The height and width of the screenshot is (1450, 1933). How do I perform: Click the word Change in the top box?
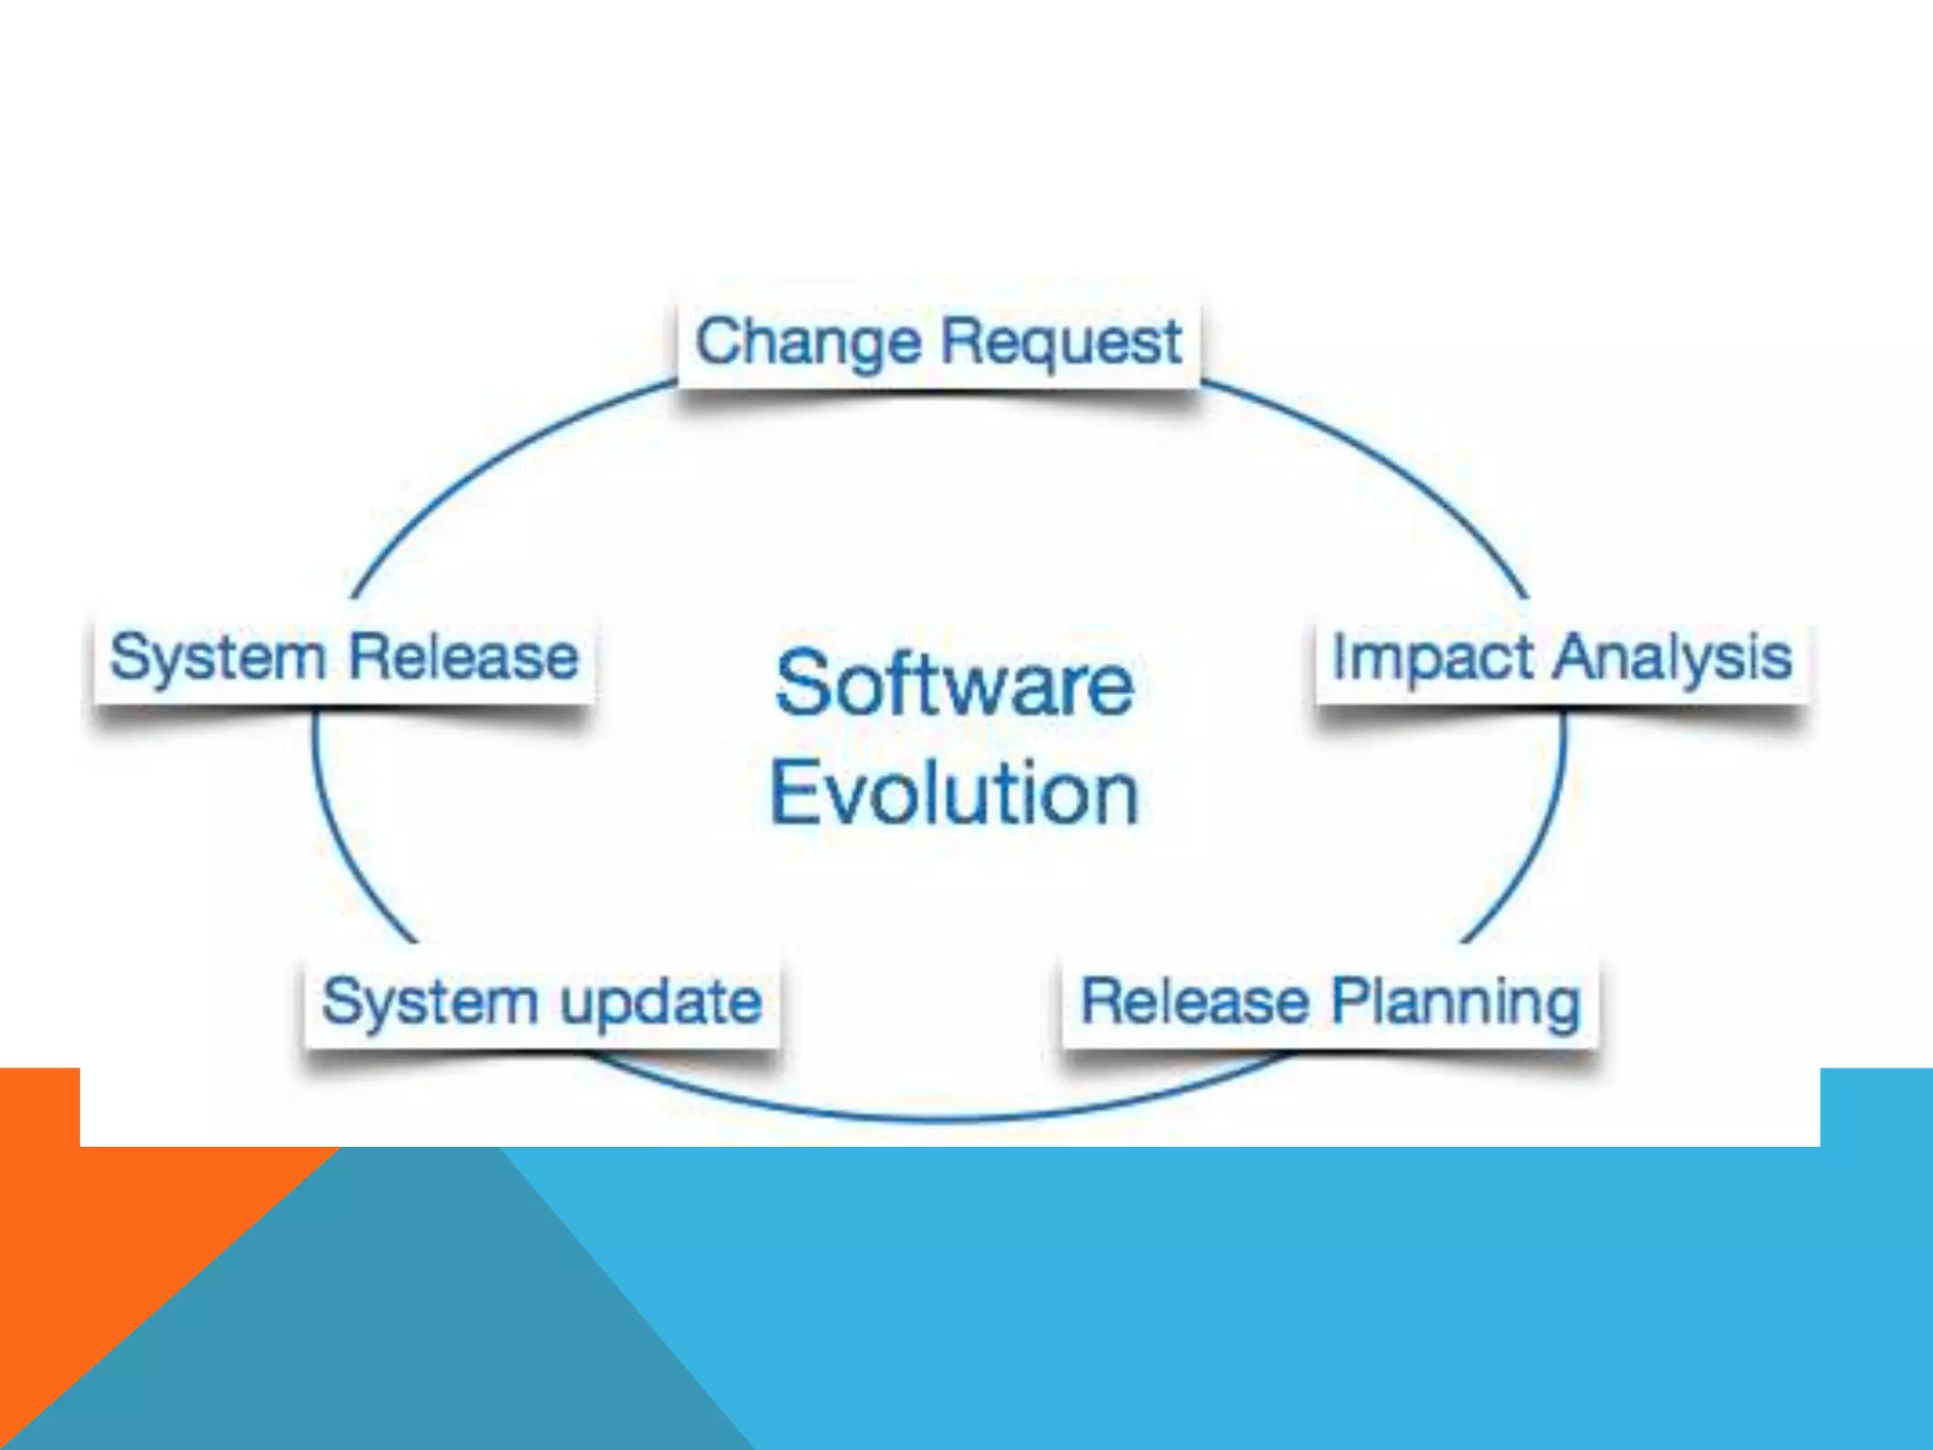pyautogui.click(x=808, y=342)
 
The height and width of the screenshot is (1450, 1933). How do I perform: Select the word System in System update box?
pyautogui.click(x=429, y=1003)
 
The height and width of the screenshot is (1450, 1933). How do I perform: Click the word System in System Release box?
pyautogui.click(x=217, y=658)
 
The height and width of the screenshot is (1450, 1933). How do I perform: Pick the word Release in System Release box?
pyautogui.click(x=463, y=657)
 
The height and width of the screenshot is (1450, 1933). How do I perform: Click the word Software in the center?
pyautogui.click(x=953, y=683)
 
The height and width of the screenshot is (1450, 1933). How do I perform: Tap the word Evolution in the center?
pyautogui.click(x=953, y=794)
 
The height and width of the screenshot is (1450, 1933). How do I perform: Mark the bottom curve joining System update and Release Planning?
pyautogui.click(x=944, y=1119)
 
